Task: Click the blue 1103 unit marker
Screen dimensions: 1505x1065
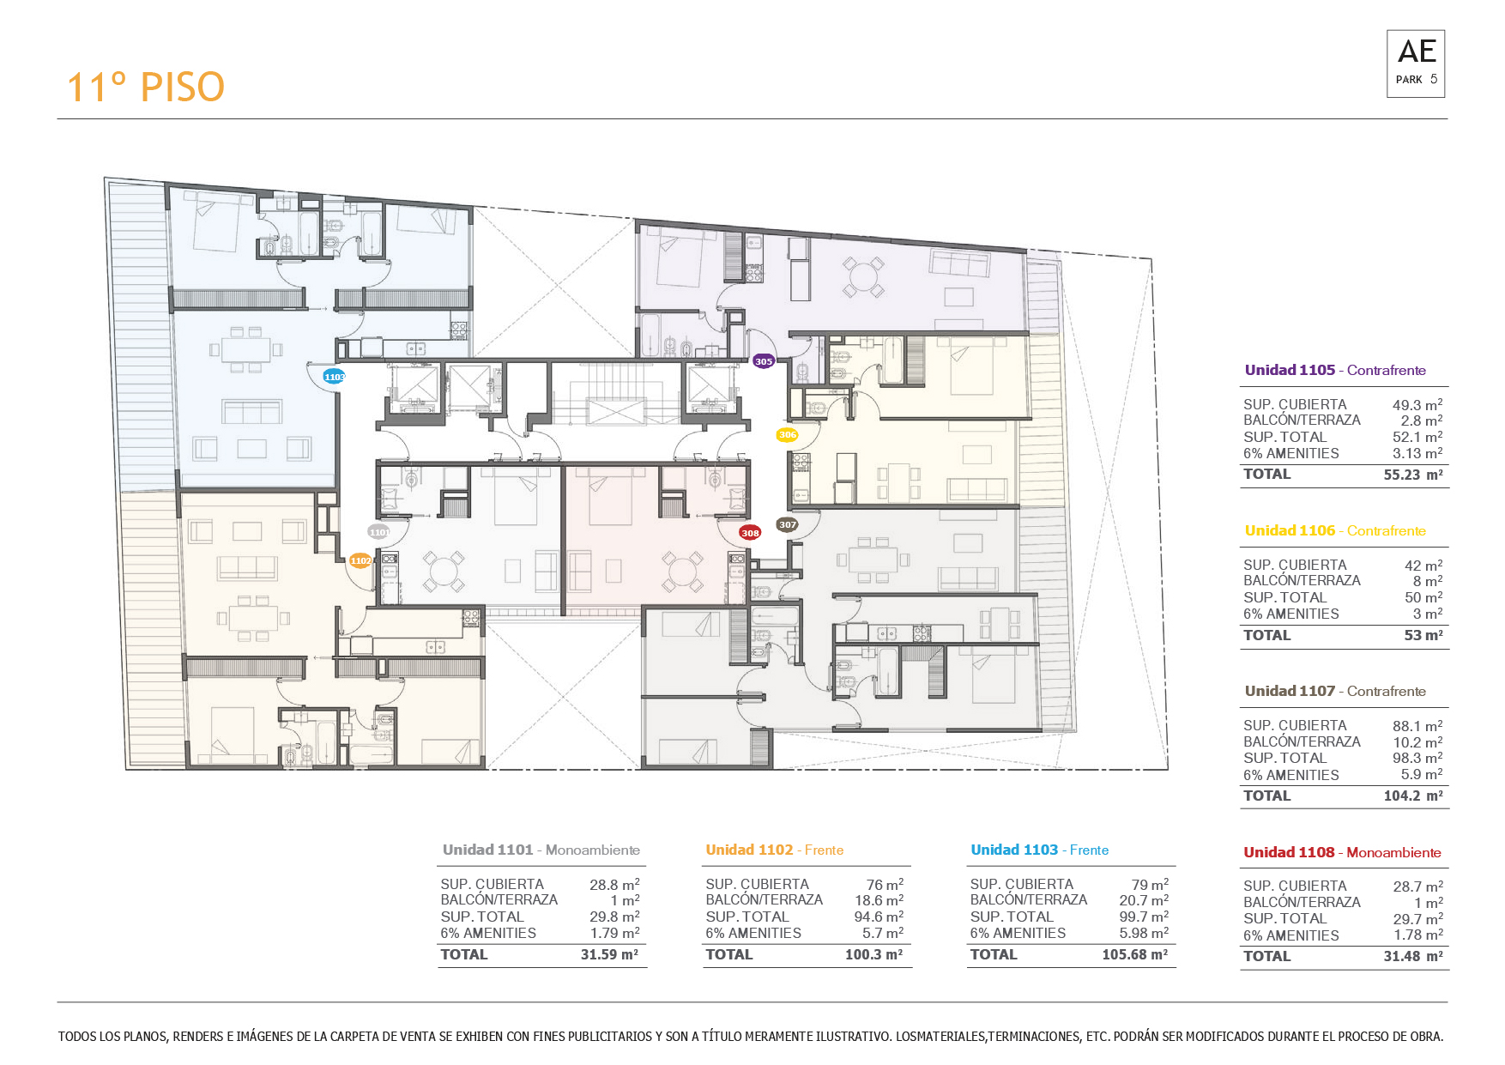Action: (334, 377)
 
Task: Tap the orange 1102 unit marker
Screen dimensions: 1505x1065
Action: (360, 560)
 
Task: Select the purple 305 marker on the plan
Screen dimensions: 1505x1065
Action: (764, 361)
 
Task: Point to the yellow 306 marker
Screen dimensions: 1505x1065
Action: (788, 435)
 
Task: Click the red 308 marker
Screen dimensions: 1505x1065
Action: (750, 533)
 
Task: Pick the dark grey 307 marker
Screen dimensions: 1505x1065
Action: (787, 524)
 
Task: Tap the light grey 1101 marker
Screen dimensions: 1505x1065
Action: (378, 532)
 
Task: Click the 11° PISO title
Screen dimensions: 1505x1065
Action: (146, 88)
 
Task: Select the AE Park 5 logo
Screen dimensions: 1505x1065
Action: (1416, 64)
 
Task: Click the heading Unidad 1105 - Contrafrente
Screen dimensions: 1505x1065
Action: (1335, 370)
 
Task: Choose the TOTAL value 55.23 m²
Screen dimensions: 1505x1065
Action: (1413, 475)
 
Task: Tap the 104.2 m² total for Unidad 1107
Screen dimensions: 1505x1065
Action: (1413, 796)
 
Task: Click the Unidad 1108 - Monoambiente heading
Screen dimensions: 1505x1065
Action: (1342, 852)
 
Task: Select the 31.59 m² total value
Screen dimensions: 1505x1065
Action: (609, 954)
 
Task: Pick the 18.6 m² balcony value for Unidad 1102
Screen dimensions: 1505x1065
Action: (879, 900)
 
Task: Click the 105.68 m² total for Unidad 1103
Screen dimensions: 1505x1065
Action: (1135, 954)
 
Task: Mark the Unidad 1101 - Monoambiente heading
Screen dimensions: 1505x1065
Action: (541, 850)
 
